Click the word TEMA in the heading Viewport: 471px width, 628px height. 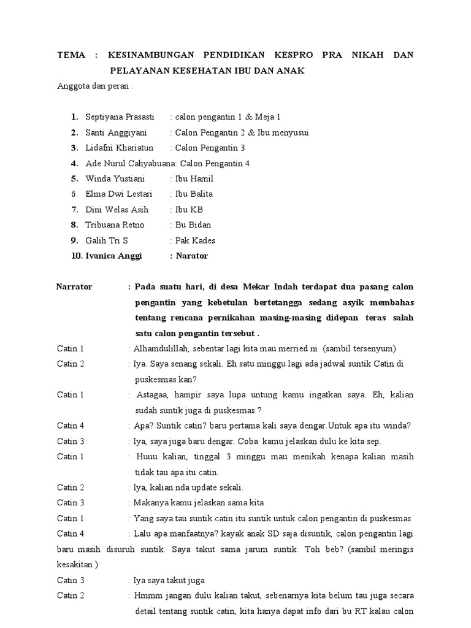pyautogui.click(x=71, y=55)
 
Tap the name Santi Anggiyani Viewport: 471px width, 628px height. pyautogui.click(x=116, y=132)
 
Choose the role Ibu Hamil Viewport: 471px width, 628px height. pyautogui.click(x=194, y=179)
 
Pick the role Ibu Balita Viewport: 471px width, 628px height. pyautogui.click(x=194, y=194)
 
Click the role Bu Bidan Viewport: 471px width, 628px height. pyautogui.click(x=193, y=225)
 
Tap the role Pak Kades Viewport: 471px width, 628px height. pyautogui.click(x=195, y=240)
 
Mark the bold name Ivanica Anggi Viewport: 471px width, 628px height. pyautogui.click(x=113, y=256)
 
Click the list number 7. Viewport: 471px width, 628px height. pyautogui.click(x=74, y=210)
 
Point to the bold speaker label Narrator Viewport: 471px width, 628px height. pyautogui.click(x=74, y=287)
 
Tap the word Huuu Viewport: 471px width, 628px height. pyautogui.click(x=147, y=456)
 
